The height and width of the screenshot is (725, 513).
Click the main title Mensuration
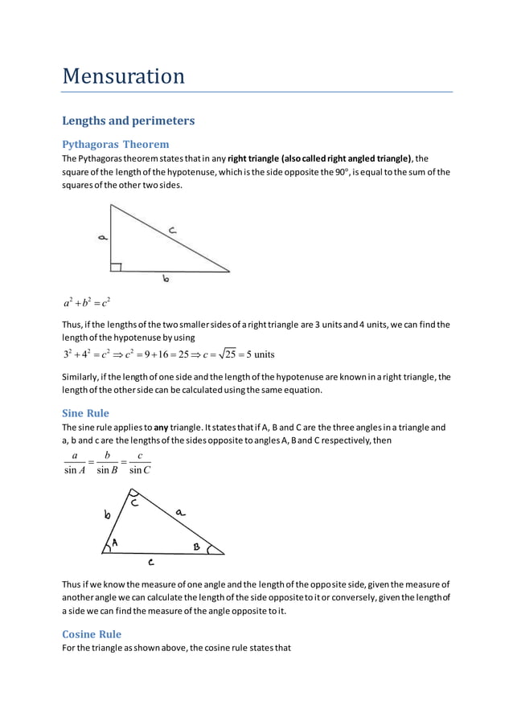point(124,76)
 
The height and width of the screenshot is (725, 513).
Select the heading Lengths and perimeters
point(128,121)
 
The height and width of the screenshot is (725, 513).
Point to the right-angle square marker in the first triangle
point(116,267)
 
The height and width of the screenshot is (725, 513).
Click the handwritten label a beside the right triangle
point(102,237)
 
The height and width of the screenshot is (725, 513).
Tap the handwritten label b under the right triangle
point(166,279)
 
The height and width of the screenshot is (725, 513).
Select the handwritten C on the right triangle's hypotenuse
point(173,230)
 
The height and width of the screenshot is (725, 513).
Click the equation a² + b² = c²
point(86,302)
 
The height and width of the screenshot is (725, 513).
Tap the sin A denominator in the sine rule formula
point(75,471)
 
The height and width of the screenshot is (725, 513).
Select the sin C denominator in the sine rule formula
point(139,471)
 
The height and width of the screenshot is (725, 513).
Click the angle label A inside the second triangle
point(115,543)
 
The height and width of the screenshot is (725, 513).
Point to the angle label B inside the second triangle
point(196,546)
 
